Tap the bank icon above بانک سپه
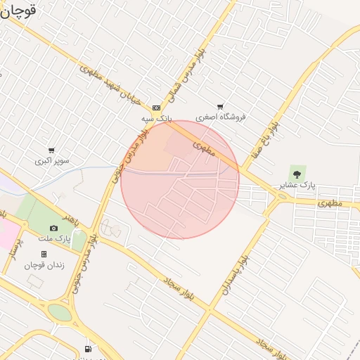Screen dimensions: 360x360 (x=156, y=108)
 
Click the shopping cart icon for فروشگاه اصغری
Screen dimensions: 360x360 (x=220, y=107)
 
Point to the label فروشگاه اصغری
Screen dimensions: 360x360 (x=221, y=117)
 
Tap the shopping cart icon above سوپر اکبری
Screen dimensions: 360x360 (x=51, y=150)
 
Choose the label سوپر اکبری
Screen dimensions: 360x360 (x=53, y=161)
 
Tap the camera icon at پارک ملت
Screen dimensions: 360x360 (x=53, y=228)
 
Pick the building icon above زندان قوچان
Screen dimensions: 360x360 (x=44, y=254)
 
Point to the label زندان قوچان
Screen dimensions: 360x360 (x=44, y=265)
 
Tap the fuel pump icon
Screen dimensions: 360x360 (x=88, y=349)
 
